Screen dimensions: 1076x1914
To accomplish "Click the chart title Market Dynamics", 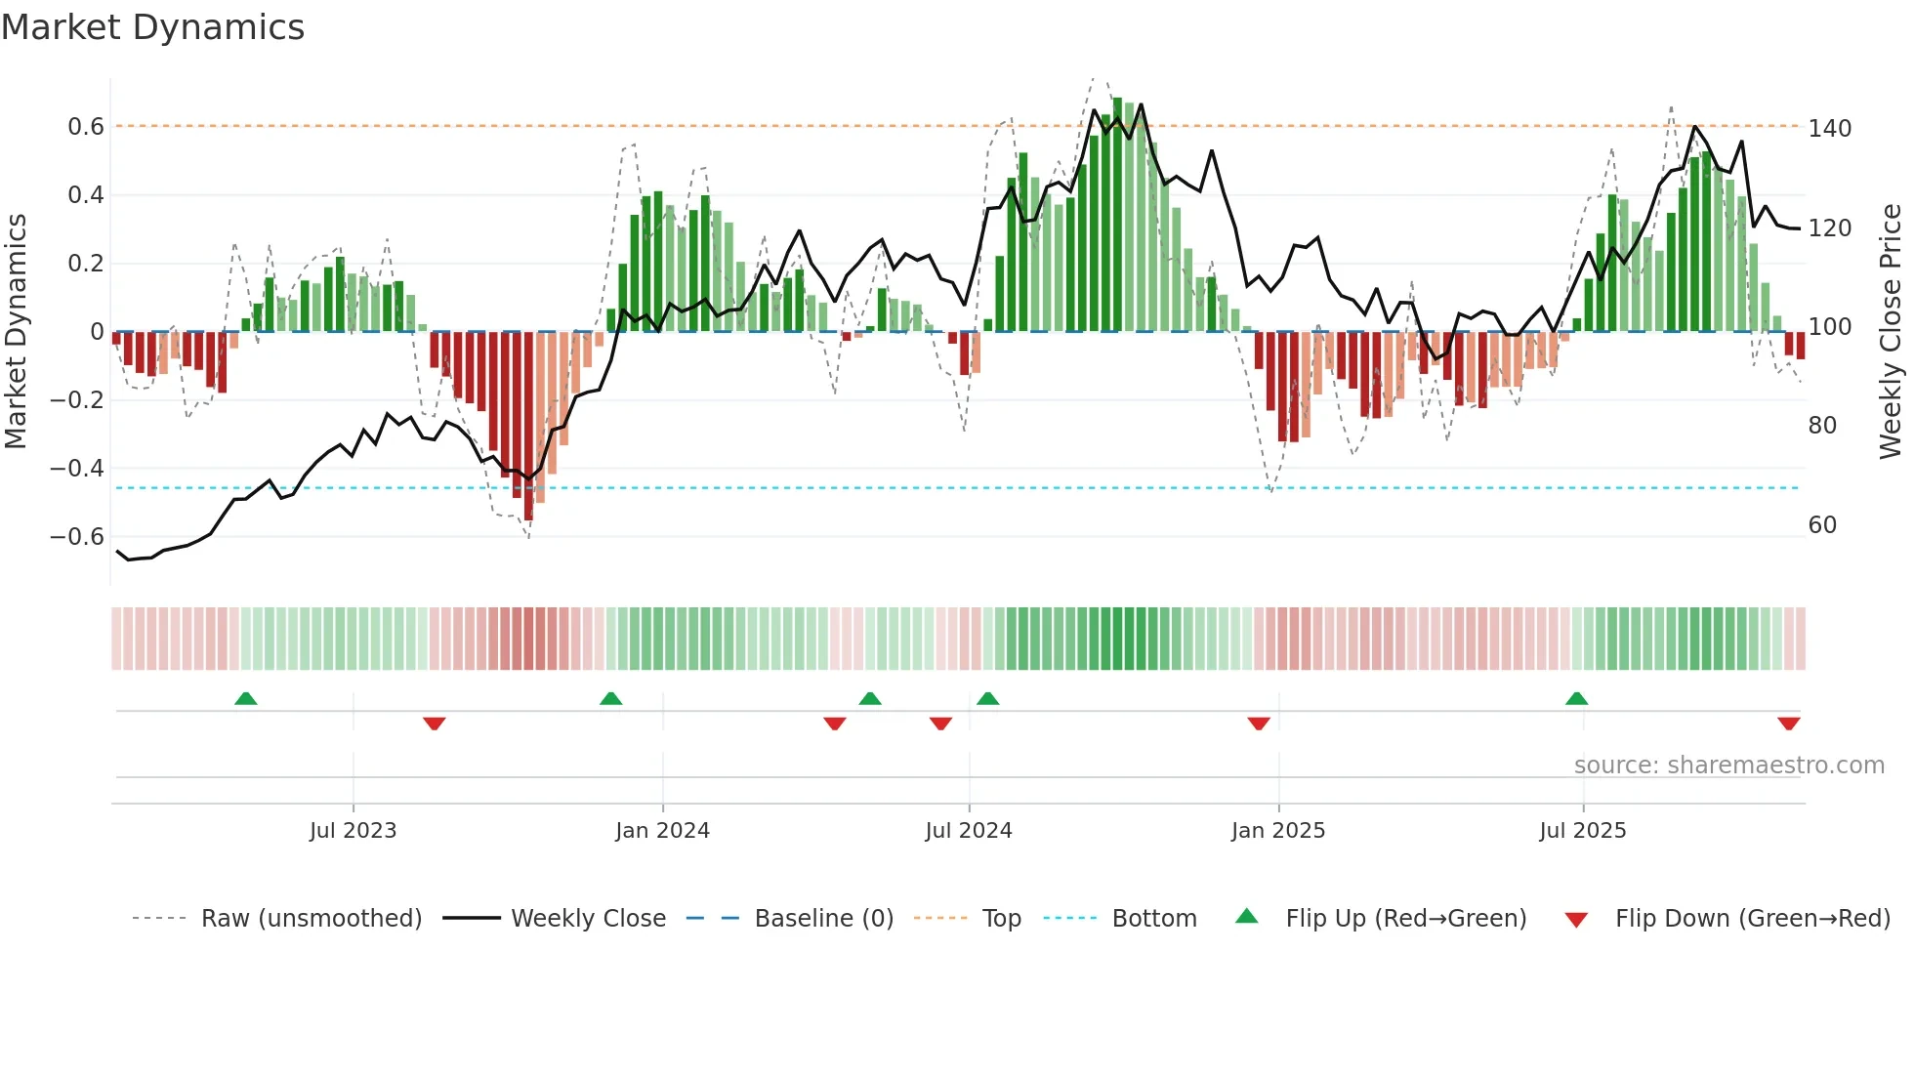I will pos(153,27).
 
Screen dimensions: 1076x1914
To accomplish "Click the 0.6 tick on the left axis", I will pos(86,127).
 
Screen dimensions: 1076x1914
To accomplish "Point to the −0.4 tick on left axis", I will pos(77,469).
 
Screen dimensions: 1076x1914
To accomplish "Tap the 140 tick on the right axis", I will pos(1829,129).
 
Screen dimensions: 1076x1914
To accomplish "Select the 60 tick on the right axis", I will pos(1822,525).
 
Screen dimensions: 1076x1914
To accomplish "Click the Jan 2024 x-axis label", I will pos(662,831).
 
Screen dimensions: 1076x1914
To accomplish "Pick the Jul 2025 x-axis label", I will pos(1582,831).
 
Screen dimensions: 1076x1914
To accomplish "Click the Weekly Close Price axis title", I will pos(1891,332).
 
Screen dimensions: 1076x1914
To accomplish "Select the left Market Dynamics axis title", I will pos(16,332).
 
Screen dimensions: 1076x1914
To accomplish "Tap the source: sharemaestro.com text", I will pos(1728,766).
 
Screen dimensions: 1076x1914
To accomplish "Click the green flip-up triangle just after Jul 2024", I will pos(987,699).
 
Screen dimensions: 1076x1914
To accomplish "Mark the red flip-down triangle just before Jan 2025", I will pos(1259,723).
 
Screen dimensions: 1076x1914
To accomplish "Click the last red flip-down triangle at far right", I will pos(1788,723).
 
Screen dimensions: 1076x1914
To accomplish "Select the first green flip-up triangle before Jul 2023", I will pos(246,699).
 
